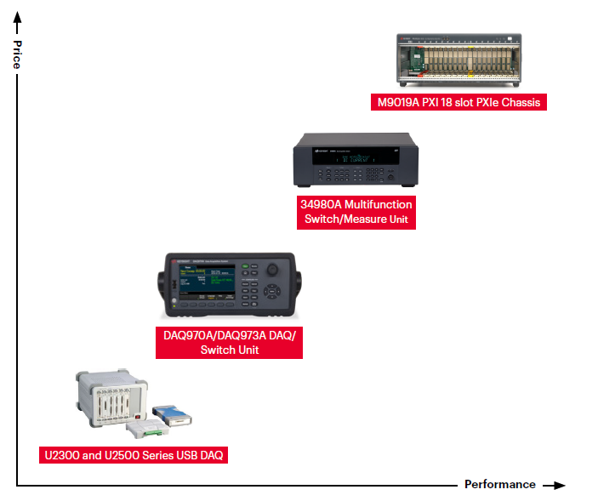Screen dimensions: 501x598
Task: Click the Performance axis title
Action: click(x=499, y=485)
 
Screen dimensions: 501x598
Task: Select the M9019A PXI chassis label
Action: click(x=458, y=102)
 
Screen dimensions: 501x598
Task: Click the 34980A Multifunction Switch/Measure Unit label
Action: click(x=356, y=212)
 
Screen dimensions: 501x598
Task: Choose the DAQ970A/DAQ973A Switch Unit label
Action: click(x=229, y=343)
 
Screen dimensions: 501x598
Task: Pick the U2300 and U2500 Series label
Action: click(x=134, y=455)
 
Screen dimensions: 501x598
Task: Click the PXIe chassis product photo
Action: click(x=458, y=60)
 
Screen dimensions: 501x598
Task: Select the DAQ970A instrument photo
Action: click(x=229, y=285)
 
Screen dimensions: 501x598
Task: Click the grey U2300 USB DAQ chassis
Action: click(x=111, y=398)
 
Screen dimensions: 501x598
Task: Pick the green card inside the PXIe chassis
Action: click(x=414, y=60)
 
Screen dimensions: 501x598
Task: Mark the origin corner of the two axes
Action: click(x=16, y=485)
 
